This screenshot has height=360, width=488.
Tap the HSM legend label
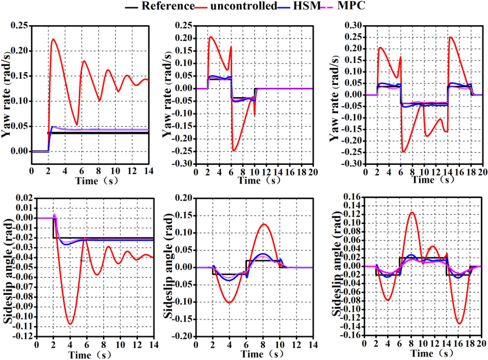coord(307,6)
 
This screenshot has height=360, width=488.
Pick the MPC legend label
coord(351,5)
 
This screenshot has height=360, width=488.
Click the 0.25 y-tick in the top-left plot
coord(19,26)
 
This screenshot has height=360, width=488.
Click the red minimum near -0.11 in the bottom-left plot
coord(70,324)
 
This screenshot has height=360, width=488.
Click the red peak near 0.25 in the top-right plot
coord(450,37)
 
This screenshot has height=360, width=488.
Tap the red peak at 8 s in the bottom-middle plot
coord(264,224)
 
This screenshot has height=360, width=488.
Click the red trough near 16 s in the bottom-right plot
coord(459,323)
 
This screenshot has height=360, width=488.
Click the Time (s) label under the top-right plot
coord(433,180)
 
